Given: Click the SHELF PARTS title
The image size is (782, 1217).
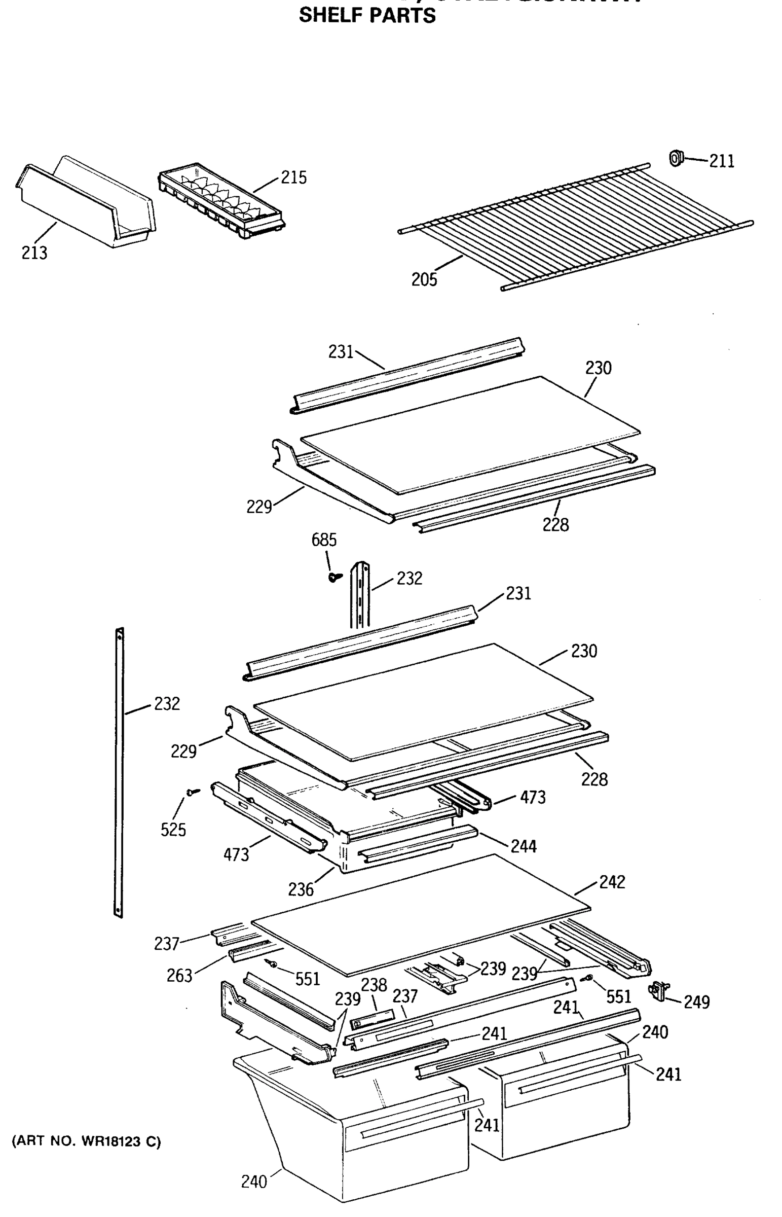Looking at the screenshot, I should point(367,15).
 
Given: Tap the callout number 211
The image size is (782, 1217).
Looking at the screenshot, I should point(721,161).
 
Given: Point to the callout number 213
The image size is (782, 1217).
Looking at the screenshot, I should point(34,253).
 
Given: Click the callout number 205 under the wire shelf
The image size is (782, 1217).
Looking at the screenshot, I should point(424,279).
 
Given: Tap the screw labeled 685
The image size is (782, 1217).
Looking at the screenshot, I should point(334,577).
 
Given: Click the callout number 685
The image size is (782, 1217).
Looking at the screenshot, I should point(324,540).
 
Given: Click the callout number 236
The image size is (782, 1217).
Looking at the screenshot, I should point(301,889).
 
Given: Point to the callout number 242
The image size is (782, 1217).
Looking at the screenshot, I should point(612,882).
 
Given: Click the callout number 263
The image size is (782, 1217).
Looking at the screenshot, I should point(179,975).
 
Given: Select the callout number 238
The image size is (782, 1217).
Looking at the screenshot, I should point(374,985).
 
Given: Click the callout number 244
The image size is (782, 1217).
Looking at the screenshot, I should point(524,846).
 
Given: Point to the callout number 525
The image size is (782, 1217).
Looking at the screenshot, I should point(173,830).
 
